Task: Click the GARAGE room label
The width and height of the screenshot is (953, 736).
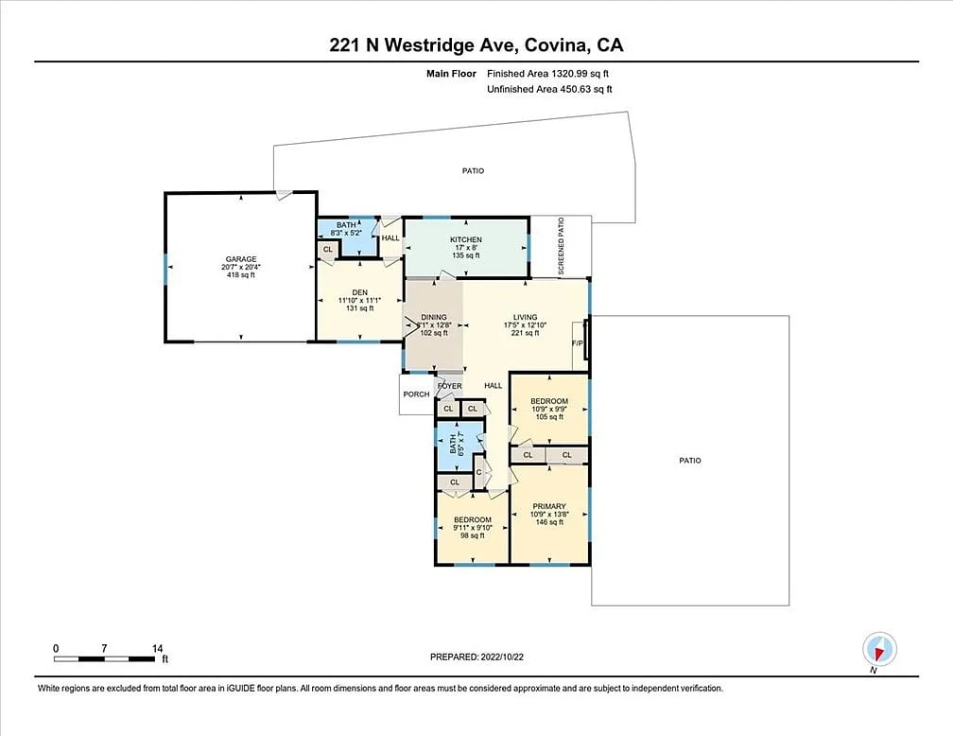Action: coord(241,259)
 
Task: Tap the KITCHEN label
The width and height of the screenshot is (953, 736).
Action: coord(465,239)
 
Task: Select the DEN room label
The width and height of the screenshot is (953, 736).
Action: coord(360,292)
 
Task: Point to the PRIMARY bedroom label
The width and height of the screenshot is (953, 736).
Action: coord(548,506)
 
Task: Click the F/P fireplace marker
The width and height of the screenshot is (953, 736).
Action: coord(578,343)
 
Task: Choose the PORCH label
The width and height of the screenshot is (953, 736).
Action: coord(416,394)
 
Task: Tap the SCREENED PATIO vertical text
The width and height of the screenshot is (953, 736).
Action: coord(561,246)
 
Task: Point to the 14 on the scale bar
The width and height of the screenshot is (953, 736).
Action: coord(157,648)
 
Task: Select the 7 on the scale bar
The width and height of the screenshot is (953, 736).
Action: coord(105,648)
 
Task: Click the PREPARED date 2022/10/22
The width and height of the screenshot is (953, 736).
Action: coord(502,657)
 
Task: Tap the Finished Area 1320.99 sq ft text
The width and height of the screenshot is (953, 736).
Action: coord(547,74)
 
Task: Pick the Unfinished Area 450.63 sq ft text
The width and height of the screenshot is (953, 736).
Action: coord(549,90)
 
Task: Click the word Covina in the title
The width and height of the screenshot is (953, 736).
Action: coord(556,45)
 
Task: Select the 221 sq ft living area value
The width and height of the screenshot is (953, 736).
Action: coord(525,333)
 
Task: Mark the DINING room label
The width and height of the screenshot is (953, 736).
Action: coord(434,317)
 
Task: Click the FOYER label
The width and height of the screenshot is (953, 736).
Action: coord(450,386)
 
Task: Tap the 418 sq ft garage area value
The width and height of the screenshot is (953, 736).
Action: coord(241,275)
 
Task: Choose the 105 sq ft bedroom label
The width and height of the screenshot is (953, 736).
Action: coord(549,416)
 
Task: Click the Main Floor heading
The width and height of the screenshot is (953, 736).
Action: coord(451,74)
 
